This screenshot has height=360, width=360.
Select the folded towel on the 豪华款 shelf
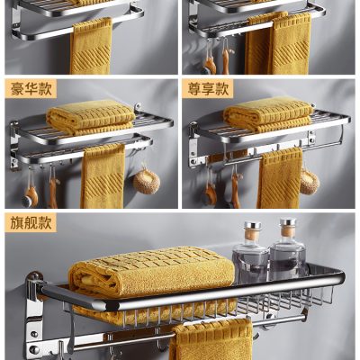point(90,116)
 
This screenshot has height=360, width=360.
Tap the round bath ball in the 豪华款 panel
point(145,181)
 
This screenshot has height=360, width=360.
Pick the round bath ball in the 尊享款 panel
point(309,182)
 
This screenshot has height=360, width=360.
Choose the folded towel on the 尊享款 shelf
point(268,114)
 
